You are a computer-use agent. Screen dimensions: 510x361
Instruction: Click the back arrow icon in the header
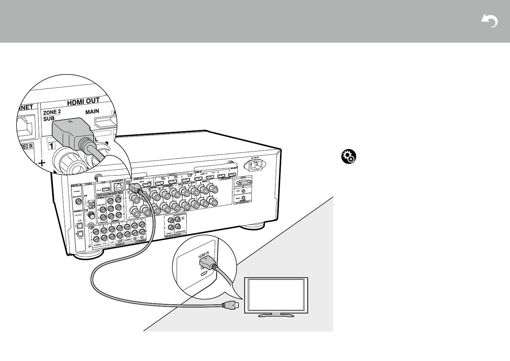click(490, 21)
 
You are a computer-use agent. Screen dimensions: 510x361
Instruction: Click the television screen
click(275, 295)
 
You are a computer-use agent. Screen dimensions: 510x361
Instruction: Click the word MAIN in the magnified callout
click(92, 111)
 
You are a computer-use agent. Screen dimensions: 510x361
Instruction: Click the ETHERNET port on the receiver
click(118, 187)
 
